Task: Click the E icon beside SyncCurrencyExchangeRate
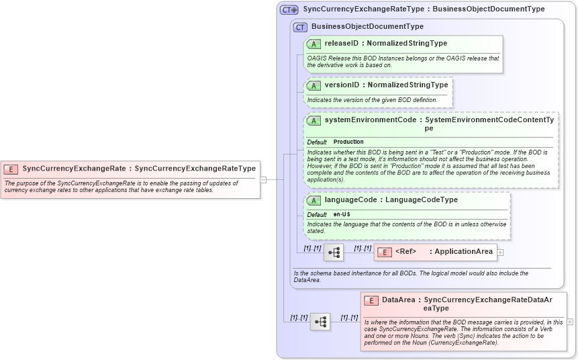[11, 169]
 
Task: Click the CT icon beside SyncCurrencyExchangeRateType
[289, 9]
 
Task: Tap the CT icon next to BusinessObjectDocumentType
[300, 27]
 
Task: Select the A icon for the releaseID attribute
[314, 44]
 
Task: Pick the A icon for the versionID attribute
[314, 85]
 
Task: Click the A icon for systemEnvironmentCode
[314, 120]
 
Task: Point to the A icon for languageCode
[314, 200]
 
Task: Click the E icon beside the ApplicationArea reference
[385, 252]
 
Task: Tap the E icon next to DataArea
[371, 300]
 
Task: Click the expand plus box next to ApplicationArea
[500, 253]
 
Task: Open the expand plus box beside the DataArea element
[570, 322]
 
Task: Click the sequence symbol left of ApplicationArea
[334, 253]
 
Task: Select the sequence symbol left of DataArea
[320, 322]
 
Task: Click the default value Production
[348, 142]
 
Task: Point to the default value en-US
[342, 214]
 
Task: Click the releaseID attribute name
[342, 44]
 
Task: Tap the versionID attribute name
[342, 85]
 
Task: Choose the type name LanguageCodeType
[422, 200]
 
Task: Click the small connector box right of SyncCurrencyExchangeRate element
[264, 179]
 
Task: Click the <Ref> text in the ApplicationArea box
[406, 252]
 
